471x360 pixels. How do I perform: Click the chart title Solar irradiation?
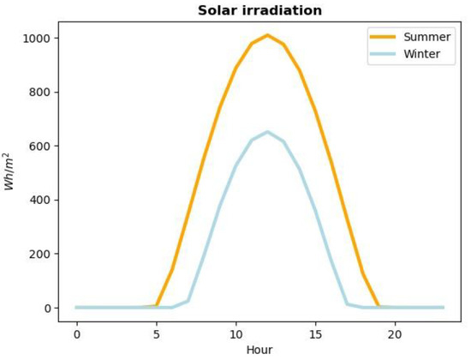coord(259,10)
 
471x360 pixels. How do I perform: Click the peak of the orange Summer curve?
coord(267,35)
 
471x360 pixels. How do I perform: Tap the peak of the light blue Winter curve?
coord(267,132)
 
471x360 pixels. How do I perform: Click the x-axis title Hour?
coord(259,350)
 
